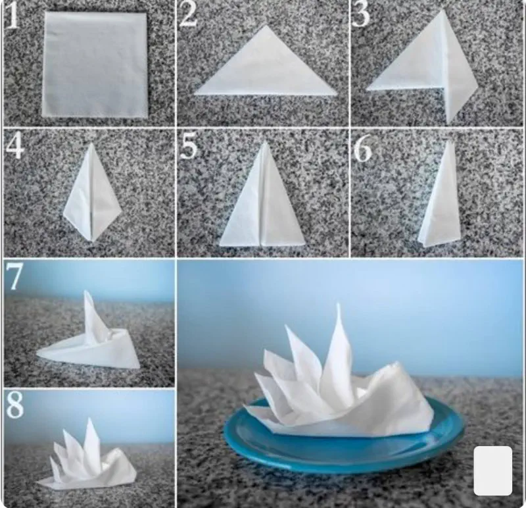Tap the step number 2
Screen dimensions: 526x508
(x=188, y=14)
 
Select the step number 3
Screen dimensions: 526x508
(x=360, y=14)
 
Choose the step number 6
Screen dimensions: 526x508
(x=363, y=148)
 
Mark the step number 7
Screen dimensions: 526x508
(x=14, y=276)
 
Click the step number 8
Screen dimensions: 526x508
(x=14, y=405)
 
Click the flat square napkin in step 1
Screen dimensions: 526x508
(x=95, y=64)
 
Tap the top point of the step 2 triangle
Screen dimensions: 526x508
(x=266, y=26)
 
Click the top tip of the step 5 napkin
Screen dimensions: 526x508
(x=266, y=141)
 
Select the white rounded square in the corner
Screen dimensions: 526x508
(x=492, y=470)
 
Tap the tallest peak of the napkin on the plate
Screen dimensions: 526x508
(x=338, y=305)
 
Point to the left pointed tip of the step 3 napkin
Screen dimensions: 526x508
(x=367, y=89)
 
